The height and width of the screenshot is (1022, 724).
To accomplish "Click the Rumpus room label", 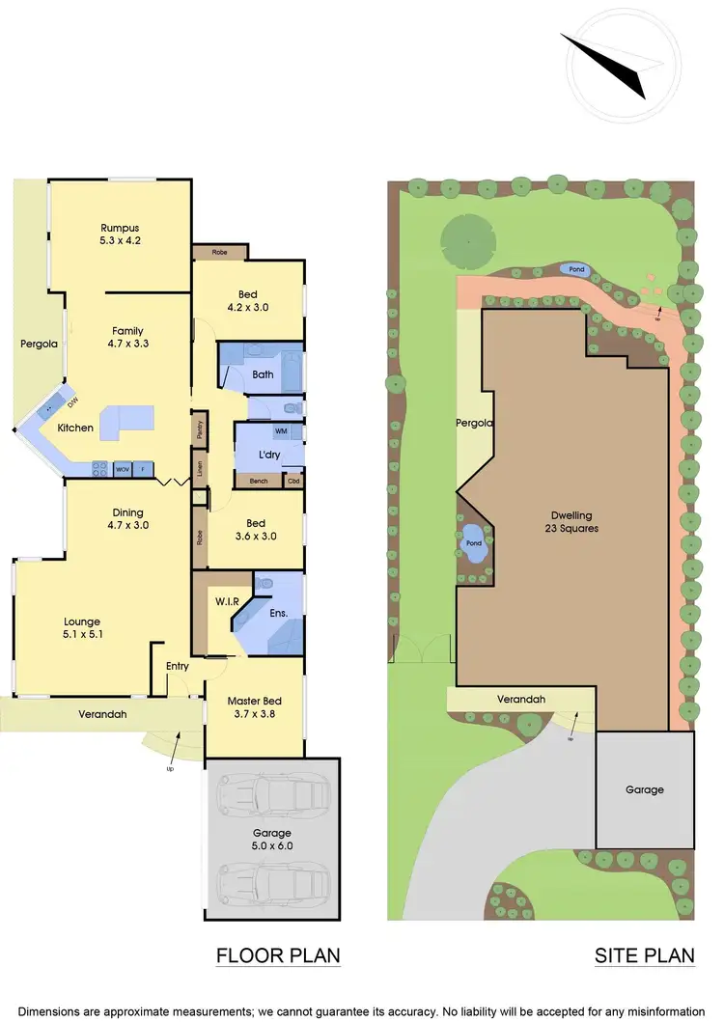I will coord(121,235).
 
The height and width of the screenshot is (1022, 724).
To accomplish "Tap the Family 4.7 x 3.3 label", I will coord(127,337).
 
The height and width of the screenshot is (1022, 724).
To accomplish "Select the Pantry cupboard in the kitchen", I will coord(198,427).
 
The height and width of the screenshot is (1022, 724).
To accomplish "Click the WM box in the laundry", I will coord(281,430).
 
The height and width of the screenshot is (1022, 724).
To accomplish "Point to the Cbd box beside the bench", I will coord(293,480).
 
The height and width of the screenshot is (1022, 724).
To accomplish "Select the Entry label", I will coord(177,666).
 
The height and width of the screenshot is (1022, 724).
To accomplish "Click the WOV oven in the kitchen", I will coord(123,469).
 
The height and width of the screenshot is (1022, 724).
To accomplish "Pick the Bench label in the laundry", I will coord(258,480).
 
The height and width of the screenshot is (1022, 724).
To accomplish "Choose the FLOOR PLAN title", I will coord(278,955).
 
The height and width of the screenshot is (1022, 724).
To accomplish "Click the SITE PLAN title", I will coord(645,955).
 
